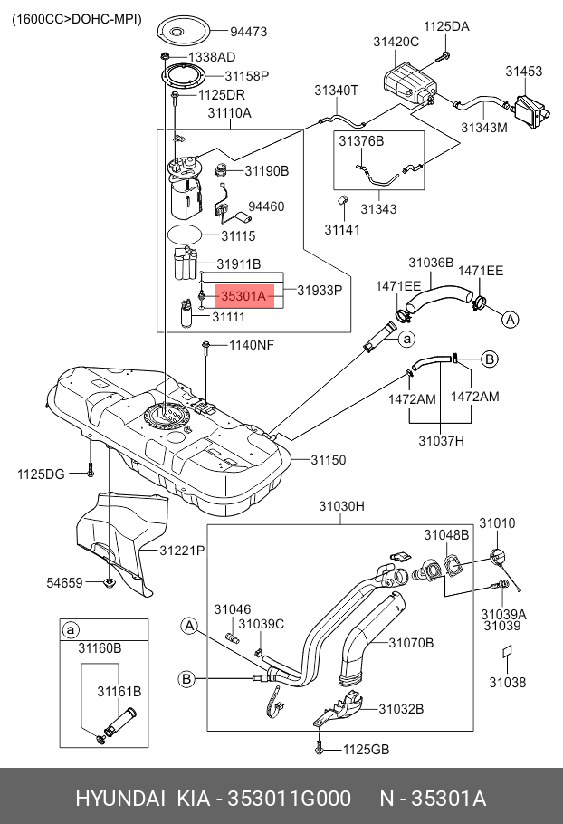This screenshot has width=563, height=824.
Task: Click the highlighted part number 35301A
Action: pos(244,296)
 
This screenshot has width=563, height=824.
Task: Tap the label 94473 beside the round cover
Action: pos(248,32)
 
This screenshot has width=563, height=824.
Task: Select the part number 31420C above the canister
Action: pos(396,42)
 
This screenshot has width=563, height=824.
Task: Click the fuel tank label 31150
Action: pos(329,460)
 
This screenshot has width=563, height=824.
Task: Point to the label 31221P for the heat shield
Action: pos(182,551)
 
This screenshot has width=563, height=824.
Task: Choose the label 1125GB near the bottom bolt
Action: pos(366,750)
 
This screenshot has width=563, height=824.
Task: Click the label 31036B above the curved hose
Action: pos(431,263)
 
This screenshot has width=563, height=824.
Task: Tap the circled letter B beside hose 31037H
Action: pos(490,359)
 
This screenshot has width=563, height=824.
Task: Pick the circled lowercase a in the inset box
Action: pos(70,629)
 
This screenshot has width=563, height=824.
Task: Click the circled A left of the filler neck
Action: pos(189,626)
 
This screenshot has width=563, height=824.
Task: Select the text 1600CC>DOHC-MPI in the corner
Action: pos(77,19)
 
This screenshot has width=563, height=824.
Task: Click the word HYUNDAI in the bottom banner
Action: pos(120,799)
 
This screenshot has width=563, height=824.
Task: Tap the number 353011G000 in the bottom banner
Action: pos(289,799)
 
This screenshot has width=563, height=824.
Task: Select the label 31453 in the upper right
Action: pos(523,71)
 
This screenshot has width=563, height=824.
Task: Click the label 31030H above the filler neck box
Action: pos(341,506)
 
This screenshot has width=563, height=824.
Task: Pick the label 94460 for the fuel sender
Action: pos(266,206)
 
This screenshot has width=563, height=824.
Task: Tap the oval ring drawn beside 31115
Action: pos(184,235)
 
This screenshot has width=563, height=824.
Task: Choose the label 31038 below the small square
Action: pos(507,682)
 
